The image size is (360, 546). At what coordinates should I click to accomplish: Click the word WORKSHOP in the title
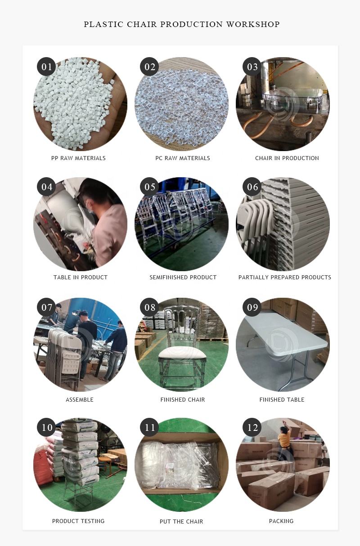pyautogui.click(x=253, y=24)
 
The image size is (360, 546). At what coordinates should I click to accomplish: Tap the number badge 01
pyautogui.click(x=46, y=67)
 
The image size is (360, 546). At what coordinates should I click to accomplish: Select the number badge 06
pyautogui.click(x=252, y=187)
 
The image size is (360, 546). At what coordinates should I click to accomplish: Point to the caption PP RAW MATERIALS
pyautogui.click(x=78, y=158)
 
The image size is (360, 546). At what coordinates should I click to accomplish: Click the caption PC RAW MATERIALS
pyautogui.click(x=183, y=158)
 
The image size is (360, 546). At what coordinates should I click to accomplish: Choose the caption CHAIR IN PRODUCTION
pyautogui.click(x=287, y=158)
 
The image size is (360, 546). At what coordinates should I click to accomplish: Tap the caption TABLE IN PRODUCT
pyautogui.click(x=81, y=277)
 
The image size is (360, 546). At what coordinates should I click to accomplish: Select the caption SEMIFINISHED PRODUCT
pyautogui.click(x=183, y=277)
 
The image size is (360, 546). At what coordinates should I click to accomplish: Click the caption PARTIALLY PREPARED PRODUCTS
pyautogui.click(x=285, y=277)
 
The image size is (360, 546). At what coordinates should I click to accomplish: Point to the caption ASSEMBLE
pyautogui.click(x=80, y=400)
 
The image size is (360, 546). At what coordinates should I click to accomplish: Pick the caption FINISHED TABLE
pyautogui.click(x=282, y=400)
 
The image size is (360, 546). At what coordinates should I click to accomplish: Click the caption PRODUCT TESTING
pyautogui.click(x=78, y=521)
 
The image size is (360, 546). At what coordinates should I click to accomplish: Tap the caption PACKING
pyautogui.click(x=281, y=521)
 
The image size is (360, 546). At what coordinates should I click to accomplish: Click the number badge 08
pyautogui.click(x=149, y=307)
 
